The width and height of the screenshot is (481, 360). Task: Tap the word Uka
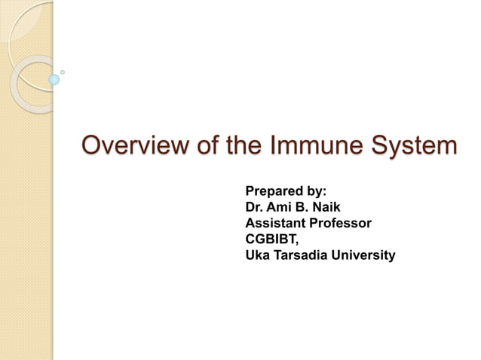[x=257, y=256]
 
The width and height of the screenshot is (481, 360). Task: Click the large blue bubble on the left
[x=54, y=79]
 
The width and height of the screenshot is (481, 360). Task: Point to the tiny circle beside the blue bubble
[x=63, y=72]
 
